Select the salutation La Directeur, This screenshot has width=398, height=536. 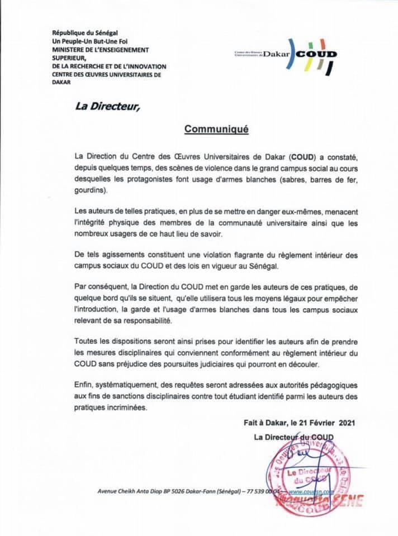(108, 104)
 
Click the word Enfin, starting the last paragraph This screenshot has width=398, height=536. (83, 385)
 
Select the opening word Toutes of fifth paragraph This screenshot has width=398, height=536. (86, 341)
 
